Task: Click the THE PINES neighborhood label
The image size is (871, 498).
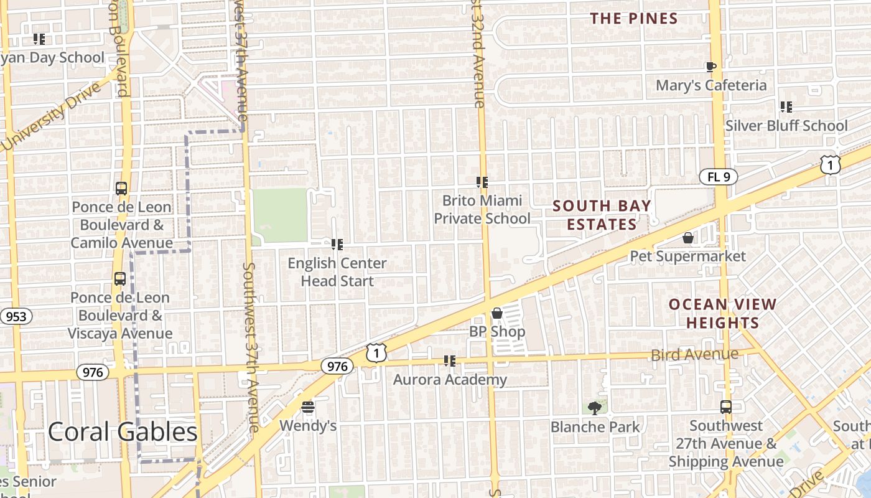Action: [x=634, y=19]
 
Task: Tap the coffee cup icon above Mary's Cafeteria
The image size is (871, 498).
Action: [x=711, y=67]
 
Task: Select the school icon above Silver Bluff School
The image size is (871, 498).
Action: [x=786, y=107]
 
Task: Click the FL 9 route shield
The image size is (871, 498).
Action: [x=719, y=177]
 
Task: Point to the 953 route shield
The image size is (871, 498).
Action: [x=16, y=316]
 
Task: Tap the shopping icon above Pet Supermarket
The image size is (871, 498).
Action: [x=687, y=238]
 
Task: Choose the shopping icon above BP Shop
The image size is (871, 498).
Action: [x=496, y=313]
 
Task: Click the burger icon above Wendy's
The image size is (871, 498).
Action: [x=308, y=408]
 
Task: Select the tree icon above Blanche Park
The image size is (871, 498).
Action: [x=595, y=408]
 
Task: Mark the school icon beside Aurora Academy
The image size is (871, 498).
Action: [x=450, y=361]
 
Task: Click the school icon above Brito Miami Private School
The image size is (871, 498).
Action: [x=482, y=182]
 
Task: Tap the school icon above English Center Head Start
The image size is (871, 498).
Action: [x=337, y=245]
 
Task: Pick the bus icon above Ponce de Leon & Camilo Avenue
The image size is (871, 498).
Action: [x=121, y=188]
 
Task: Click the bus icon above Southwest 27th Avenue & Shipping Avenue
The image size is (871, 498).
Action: [x=725, y=407]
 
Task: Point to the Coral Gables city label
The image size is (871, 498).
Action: [x=123, y=431]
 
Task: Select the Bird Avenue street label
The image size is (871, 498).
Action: [x=694, y=355]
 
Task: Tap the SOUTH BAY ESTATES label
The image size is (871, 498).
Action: [x=602, y=215]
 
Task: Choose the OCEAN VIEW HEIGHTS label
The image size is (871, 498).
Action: [x=722, y=314]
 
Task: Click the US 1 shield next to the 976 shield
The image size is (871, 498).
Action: [x=376, y=353]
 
